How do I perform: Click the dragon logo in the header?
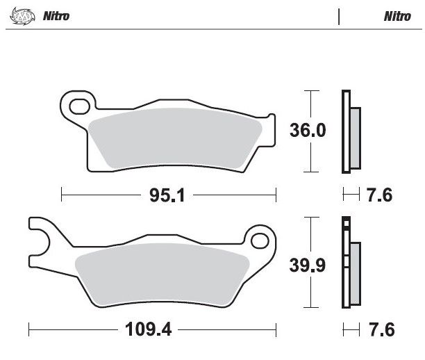click(22, 16)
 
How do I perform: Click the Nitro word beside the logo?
click(56, 16)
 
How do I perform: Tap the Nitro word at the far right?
click(397, 16)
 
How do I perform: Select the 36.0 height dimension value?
click(308, 130)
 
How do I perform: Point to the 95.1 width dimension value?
click(167, 195)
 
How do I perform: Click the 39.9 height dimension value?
click(308, 265)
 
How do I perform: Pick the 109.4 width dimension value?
click(148, 329)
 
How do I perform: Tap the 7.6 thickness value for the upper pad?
click(379, 195)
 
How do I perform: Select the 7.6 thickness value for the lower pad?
click(382, 329)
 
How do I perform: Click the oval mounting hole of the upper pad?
click(79, 106)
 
